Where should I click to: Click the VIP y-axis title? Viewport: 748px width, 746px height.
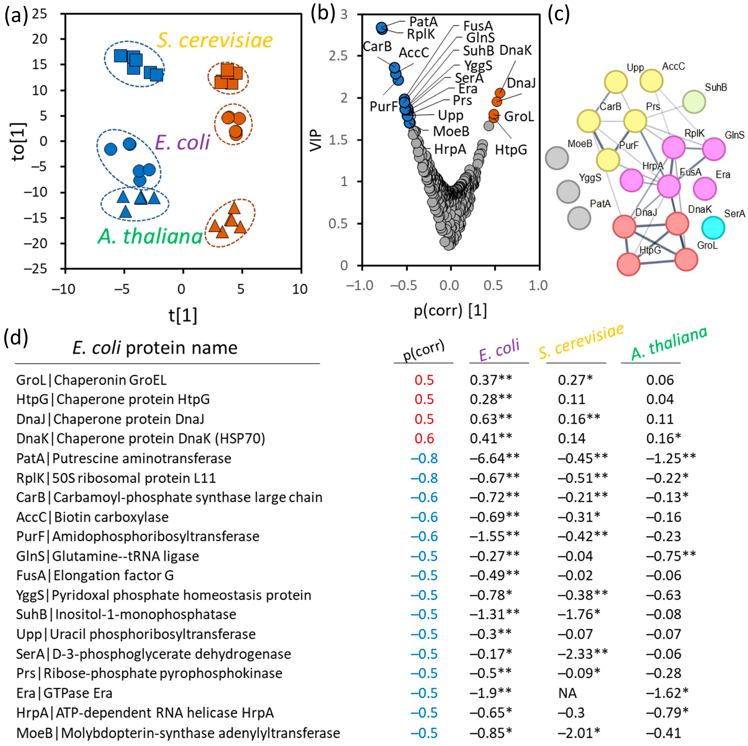pos(316,140)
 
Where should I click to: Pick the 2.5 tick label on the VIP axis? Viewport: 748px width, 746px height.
pos(338,56)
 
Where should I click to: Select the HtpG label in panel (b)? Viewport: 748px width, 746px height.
pos(511,150)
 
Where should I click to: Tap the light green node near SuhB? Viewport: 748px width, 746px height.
pos(694,102)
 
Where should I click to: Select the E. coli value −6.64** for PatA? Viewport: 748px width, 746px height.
pos(495,458)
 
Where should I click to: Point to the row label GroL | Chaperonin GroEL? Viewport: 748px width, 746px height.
pos(91,380)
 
